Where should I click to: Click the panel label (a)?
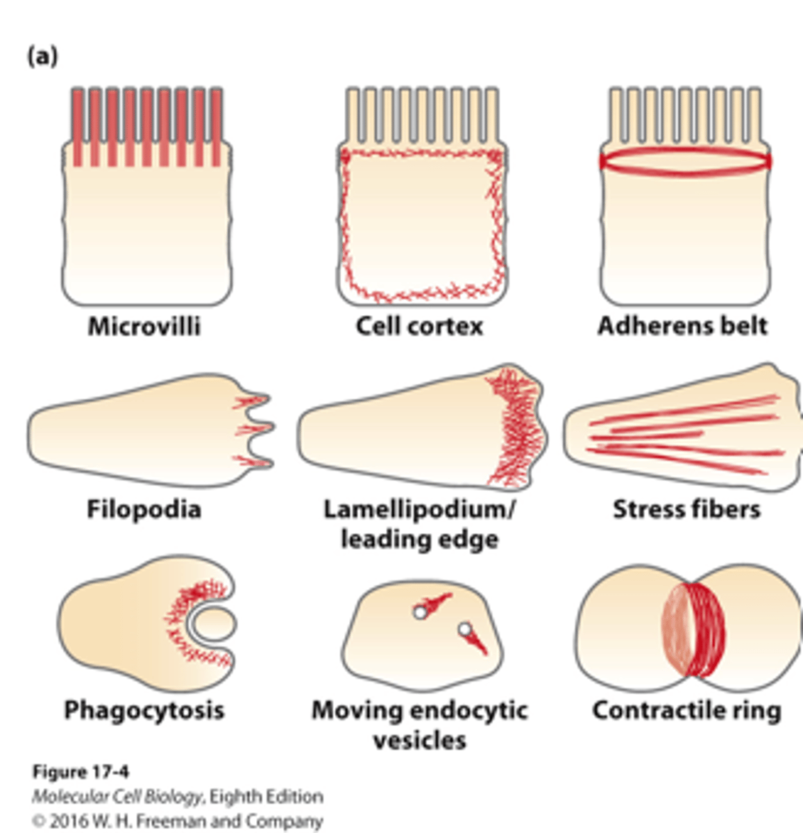click(42, 56)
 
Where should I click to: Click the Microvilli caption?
click(144, 326)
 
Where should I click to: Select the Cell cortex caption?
click(419, 326)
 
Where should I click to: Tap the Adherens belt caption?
click(683, 326)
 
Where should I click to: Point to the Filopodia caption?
click(144, 510)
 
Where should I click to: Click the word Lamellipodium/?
click(420, 510)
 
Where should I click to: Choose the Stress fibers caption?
click(686, 510)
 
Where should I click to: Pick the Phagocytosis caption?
click(144, 710)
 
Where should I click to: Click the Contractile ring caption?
click(686, 710)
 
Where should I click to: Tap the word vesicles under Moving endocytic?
click(419, 740)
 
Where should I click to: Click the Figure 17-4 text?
click(81, 772)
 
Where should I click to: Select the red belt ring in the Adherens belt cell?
click(685, 161)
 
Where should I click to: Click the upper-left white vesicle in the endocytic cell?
click(419, 612)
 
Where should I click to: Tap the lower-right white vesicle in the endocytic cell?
click(464, 630)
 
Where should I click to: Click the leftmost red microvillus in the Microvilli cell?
click(78, 128)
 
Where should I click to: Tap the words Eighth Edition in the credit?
click(266, 796)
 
